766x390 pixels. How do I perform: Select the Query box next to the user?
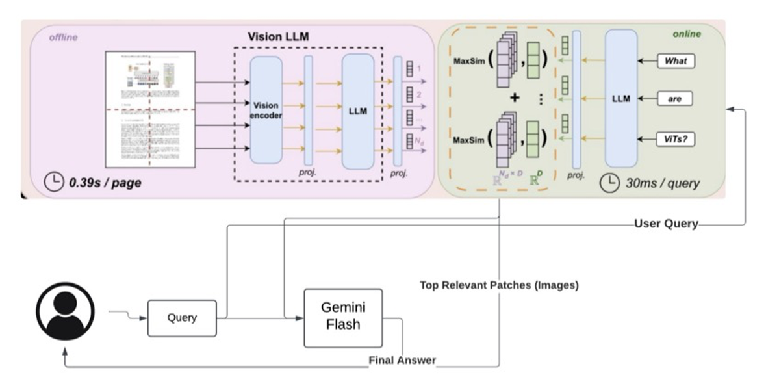[182, 318]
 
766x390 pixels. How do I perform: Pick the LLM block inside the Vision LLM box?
[357, 110]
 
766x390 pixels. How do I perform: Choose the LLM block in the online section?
[622, 99]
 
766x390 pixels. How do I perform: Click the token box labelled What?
[676, 62]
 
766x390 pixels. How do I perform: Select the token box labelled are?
[676, 99]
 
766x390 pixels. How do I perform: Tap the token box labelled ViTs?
[676, 138]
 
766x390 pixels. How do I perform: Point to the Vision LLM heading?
[278, 36]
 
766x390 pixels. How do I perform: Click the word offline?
[63, 38]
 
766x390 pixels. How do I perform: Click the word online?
[687, 34]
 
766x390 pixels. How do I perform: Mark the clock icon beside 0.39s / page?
[54, 182]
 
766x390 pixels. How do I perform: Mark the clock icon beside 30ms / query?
[609, 183]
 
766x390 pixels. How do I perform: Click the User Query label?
[665, 224]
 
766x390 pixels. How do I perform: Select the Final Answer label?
[402, 360]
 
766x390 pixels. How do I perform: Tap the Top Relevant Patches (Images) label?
[499, 285]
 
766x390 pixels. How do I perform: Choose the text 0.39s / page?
[105, 183]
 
